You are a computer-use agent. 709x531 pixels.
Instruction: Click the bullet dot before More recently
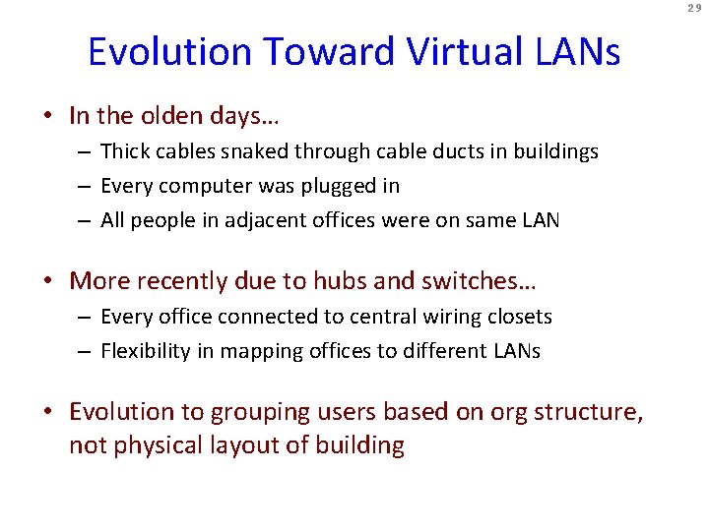(x=50, y=282)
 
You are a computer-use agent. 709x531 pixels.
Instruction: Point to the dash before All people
(x=87, y=221)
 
